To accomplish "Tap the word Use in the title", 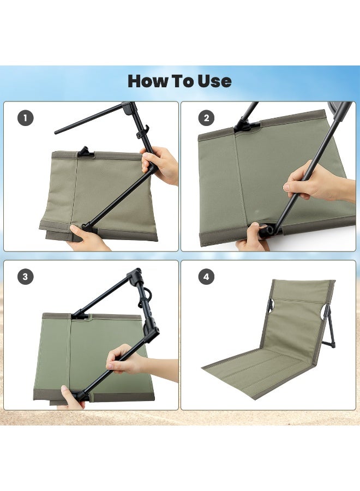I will [213, 81].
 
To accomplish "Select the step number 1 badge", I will [25, 118].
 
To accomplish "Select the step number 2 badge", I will [206, 118].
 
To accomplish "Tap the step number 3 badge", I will [25, 277].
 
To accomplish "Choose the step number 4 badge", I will [206, 277].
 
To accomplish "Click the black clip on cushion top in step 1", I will [83, 152].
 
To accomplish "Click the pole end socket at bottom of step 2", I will [267, 231].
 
